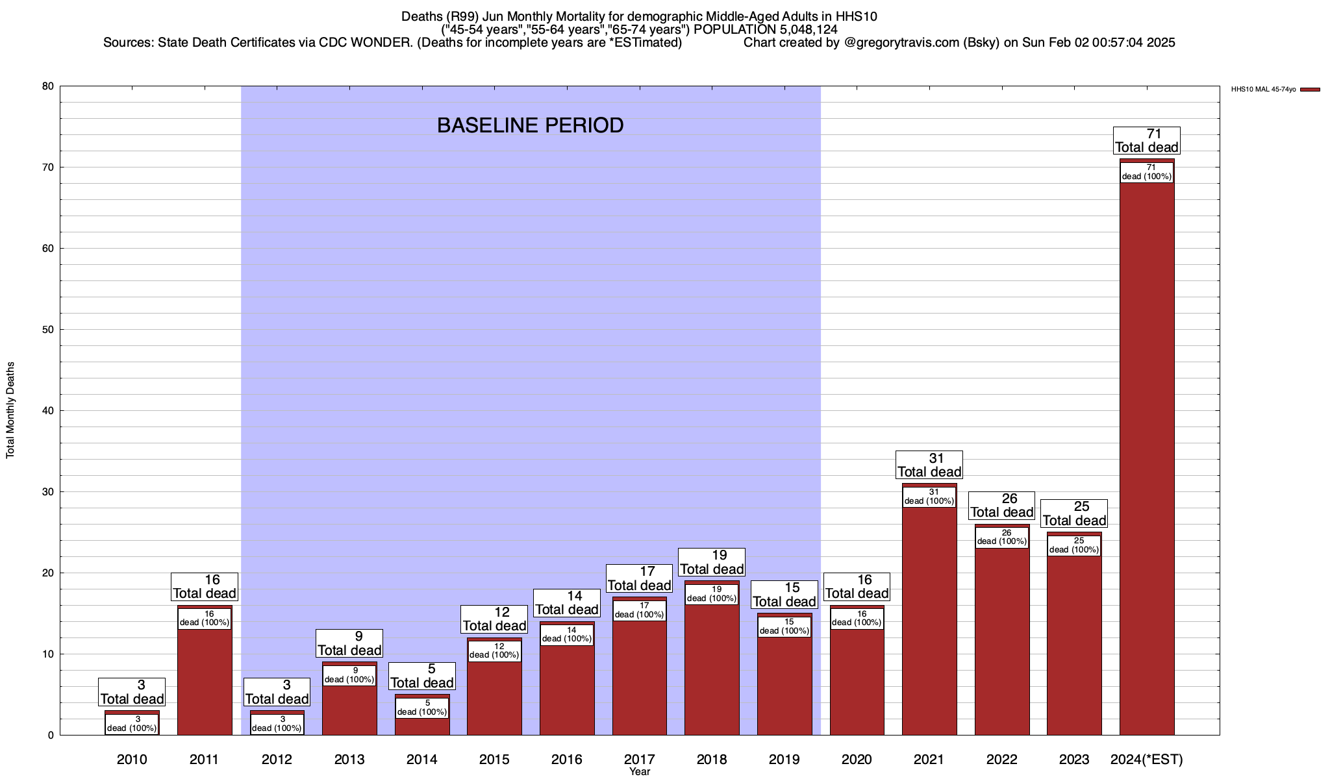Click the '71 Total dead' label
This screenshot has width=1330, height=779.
(1147, 140)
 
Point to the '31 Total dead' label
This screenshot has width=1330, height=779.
(929, 465)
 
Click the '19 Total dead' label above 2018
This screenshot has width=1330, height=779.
(712, 562)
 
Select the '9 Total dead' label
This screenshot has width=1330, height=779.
(349, 643)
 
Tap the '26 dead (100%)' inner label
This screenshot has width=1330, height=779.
(1002, 537)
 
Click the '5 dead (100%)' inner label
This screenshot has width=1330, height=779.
(422, 708)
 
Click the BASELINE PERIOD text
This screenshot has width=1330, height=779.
(530, 125)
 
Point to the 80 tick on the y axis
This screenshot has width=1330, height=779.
(47, 86)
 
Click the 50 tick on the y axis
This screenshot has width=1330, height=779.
(47, 330)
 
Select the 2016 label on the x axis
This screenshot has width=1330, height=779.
(567, 760)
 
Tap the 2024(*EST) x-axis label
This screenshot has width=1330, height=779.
(1147, 760)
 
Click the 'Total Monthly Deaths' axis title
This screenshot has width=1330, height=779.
(10, 410)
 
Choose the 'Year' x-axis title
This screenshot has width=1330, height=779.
(640, 772)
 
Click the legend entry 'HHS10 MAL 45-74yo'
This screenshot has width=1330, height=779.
(1263, 90)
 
